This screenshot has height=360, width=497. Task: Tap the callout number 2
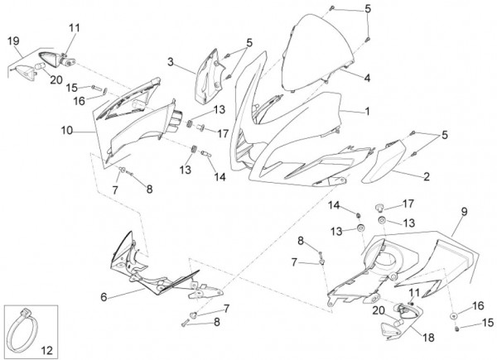427,175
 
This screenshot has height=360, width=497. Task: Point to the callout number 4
365,77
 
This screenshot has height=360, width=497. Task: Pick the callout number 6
104,296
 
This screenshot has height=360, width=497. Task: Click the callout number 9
463,212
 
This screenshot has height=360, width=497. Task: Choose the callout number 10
66,130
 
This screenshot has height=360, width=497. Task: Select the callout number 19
13,41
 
